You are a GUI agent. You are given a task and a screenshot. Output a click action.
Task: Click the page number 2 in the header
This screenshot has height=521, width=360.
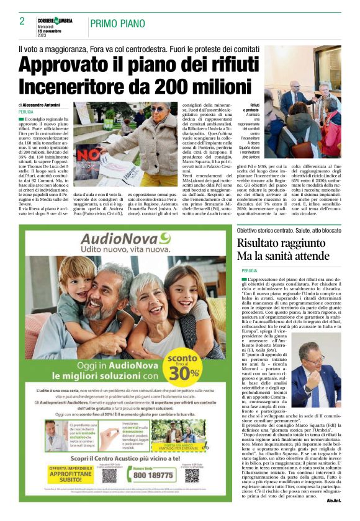click(22, 22)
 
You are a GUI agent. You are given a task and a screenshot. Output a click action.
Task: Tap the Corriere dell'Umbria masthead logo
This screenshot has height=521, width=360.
click(55, 20)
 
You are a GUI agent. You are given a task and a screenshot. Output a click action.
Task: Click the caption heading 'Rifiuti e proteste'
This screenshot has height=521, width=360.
click(250, 109)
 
